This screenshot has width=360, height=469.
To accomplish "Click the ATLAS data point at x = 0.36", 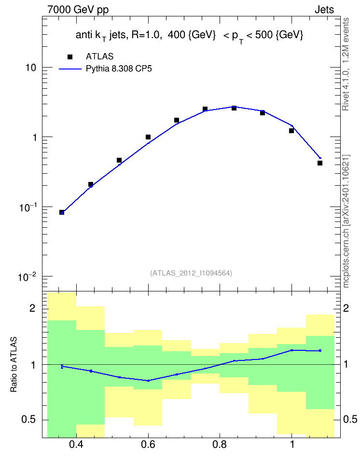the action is point(62,212).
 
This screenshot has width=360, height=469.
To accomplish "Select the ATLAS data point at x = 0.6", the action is point(148,137).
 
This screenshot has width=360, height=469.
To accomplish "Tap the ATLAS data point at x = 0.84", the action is point(234,108).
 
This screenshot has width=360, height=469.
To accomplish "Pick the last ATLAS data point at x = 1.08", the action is point(320,163).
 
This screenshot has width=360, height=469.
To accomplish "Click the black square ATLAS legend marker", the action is point(70,57).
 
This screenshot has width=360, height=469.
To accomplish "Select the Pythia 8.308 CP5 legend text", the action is point(119,69).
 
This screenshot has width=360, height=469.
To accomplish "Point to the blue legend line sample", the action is point(70,69).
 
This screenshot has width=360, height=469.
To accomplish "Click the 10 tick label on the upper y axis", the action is point(30,68).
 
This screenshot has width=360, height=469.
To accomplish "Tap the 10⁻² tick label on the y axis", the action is point(27,276).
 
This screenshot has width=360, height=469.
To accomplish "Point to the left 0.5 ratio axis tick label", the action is point(29,419).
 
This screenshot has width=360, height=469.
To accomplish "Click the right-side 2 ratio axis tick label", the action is point(346,308).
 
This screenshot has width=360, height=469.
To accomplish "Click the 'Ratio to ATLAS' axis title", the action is point(14,364).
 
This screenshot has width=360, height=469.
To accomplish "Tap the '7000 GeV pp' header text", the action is point(78,10).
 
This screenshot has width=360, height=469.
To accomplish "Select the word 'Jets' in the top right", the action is point(324,10).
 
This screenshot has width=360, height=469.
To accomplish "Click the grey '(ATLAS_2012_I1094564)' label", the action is point(191,273).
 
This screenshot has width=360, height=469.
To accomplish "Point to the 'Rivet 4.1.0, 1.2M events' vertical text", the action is point(346,64).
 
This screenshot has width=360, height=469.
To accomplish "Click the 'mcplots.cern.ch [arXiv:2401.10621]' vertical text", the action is point(346,221).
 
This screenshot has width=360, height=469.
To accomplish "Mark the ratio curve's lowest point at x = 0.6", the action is point(148,381).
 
